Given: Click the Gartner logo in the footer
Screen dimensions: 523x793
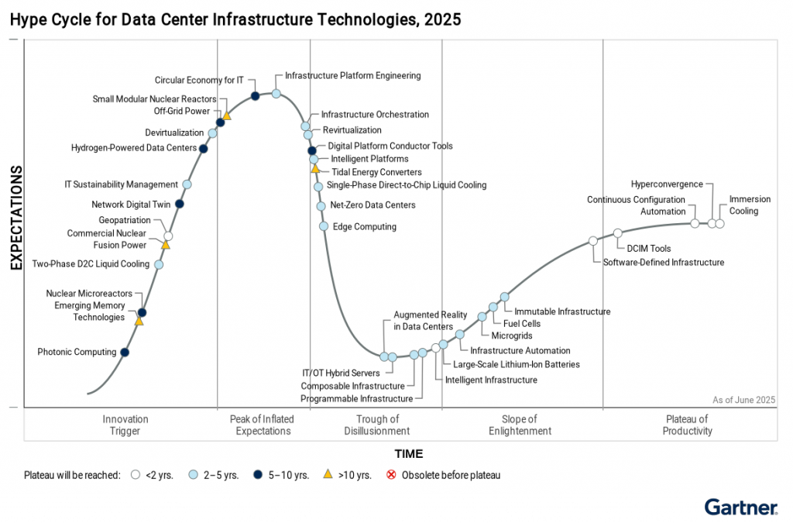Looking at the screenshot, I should tap(740, 508).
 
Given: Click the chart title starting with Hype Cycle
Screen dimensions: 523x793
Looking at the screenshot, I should tap(235, 19).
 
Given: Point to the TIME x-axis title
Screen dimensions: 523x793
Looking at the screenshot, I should tap(409, 454).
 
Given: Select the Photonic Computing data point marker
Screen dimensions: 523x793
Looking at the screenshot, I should tap(125, 353).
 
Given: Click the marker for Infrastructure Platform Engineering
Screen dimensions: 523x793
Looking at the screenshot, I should tap(276, 93).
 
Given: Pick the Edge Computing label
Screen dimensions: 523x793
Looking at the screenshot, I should tap(364, 227).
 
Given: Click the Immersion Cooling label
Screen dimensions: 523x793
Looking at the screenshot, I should tap(743, 205).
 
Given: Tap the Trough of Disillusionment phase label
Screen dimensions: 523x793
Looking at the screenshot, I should tap(376, 425).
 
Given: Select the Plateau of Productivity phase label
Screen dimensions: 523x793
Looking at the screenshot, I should tap(687, 425).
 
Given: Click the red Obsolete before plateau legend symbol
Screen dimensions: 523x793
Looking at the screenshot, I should tap(390, 475).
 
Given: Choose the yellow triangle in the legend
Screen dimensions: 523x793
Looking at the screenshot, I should tap(328, 474).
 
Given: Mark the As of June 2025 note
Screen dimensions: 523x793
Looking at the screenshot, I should tap(743, 400).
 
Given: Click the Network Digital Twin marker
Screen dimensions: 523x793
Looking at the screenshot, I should tap(180, 204).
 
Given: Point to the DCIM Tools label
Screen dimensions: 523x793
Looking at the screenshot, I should tap(649, 249).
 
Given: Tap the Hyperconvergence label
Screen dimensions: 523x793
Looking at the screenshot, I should tap(667, 184).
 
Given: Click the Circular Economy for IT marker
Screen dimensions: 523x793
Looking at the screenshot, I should tap(255, 96).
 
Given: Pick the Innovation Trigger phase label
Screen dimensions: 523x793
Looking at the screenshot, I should tap(125, 425).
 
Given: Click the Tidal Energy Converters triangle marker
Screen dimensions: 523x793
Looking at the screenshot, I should tap(315, 168).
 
